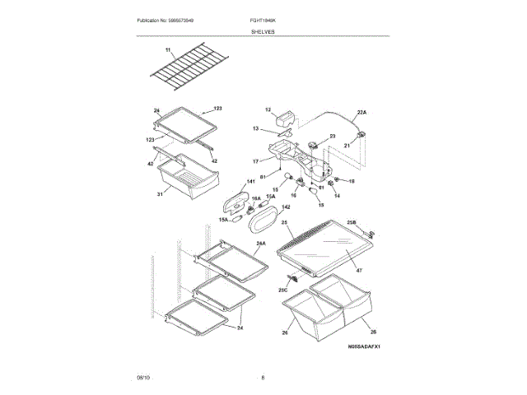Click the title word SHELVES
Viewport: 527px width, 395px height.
(263, 31)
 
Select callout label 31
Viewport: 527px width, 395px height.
(161, 194)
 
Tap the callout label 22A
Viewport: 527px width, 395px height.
(361, 113)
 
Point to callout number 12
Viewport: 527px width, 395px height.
(268, 110)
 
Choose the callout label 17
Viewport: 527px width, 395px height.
(255, 161)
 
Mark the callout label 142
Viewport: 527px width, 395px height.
(286, 208)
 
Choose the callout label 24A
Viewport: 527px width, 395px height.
(261, 244)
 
